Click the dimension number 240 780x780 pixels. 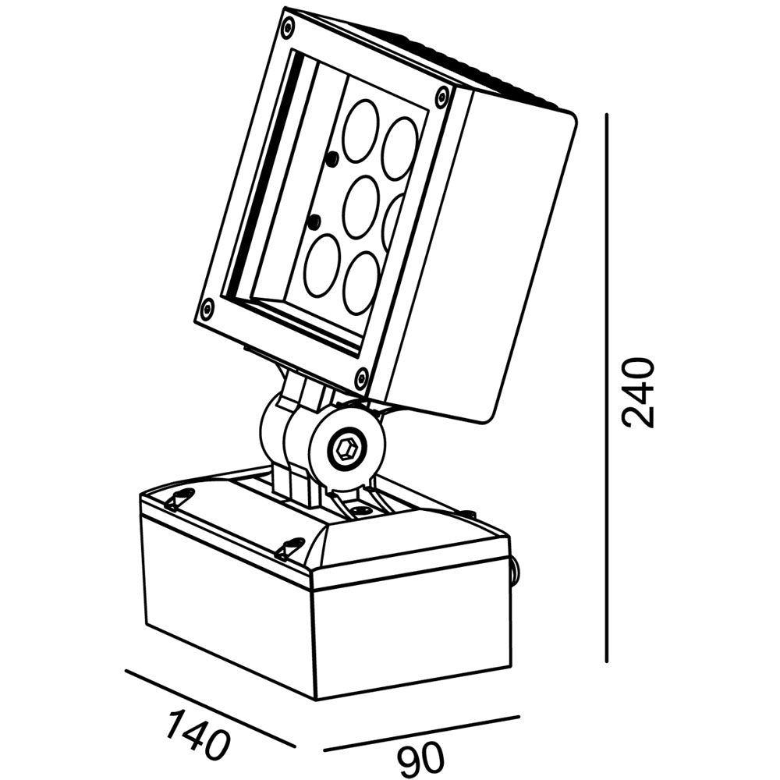(637, 392)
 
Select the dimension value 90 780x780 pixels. (421, 758)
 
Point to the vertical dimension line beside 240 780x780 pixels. (607, 388)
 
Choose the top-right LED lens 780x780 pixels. (399, 147)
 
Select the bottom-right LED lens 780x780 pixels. (362, 282)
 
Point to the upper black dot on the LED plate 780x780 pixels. (331, 158)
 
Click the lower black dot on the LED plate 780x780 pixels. (314, 222)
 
